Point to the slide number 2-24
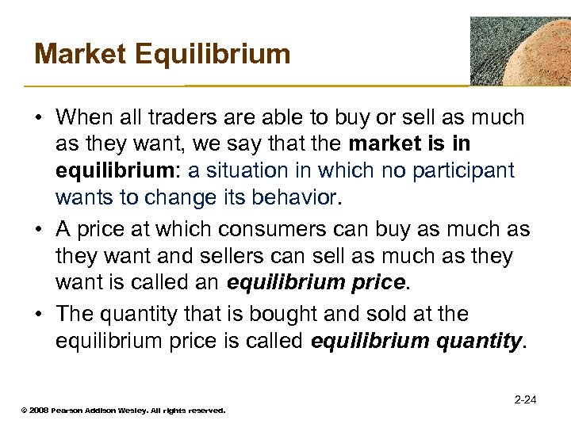pos(525,399)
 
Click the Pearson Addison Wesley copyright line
pos(123,411)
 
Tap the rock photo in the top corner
pos(520,51)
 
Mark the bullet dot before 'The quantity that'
pos(39,315)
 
